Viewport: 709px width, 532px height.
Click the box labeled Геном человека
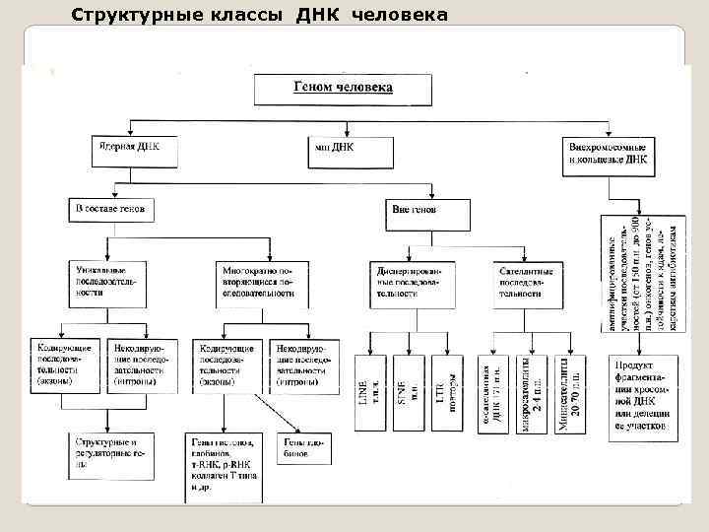(343, 89)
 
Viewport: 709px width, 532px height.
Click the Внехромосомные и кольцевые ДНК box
(608, 150)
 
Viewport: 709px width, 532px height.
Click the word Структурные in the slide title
(131, 15)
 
